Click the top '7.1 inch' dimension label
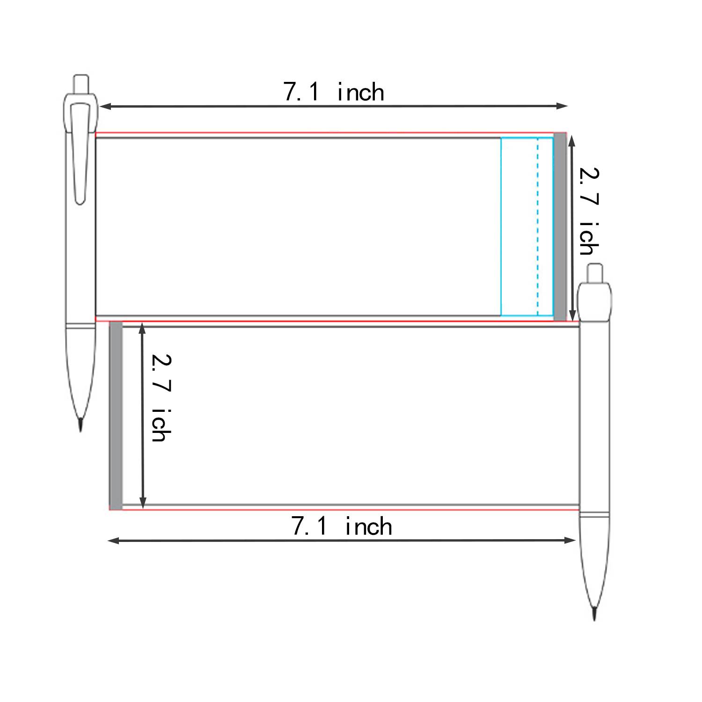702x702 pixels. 334,92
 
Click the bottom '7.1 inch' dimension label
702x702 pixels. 342,526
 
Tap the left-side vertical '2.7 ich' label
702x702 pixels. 161,398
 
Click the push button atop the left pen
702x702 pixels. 81,84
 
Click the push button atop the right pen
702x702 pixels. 595,273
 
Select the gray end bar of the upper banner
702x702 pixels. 560,227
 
